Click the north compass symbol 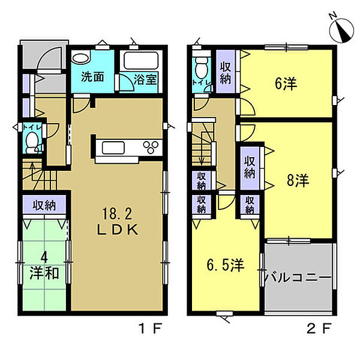pos(341,31)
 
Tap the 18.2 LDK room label pos(118,221)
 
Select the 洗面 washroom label pos(92,77)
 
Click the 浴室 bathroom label pos(145,79)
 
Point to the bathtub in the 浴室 pos(141,61)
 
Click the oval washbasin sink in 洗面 pos(80,58)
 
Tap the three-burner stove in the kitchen pos(151,147)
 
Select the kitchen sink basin pos(113,148)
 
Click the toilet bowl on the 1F pos(32,143)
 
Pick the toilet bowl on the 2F pos(202,68)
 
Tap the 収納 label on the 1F pos(44,205)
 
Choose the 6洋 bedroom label pos(286,83)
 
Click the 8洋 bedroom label pos(298,180)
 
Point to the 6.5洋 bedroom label pos(225,265)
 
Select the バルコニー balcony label pos(298,278)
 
